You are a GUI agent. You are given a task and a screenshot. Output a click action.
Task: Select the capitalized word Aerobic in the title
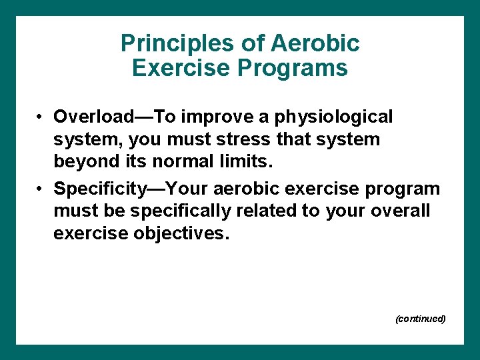pyautogui.click(x=315, y=44)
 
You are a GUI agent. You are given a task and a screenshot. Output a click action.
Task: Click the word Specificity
pyautogui.click(x=101, y=189)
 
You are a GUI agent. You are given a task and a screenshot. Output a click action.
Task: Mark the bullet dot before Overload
pyautogui.click(x=41, y=117)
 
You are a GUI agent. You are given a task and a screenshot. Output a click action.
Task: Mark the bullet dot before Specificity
pyautogui.click(x=41, y=189)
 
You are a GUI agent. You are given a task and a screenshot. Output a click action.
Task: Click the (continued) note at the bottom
pyautogui.click(x=420, y=319)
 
